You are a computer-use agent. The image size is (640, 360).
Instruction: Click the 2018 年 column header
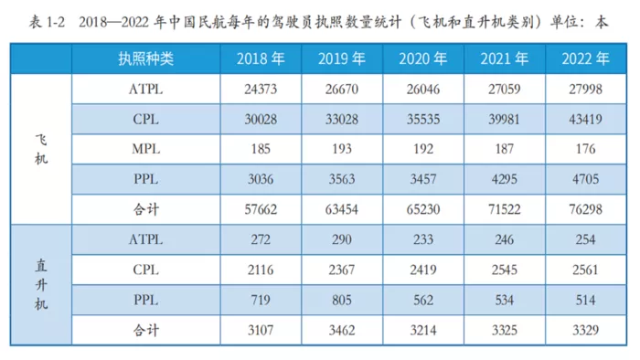tap(261, 59)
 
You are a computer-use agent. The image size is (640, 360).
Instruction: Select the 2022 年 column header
tap(585, 59)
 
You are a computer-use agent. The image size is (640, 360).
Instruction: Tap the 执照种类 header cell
tap(145, 59)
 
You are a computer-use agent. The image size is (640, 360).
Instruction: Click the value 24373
tap(261, 89)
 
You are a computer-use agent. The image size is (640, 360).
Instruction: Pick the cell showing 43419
tap(585, 119)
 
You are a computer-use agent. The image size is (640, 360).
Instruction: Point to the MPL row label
tap(145, 149)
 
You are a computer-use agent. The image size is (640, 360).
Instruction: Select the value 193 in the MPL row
tap(342, 149)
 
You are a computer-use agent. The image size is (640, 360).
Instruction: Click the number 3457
tap(422, 179)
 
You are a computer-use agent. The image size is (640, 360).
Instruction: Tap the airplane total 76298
tap(585, 209)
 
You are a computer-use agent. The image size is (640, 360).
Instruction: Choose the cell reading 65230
tap(422, 209)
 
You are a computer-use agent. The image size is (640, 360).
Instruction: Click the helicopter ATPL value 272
tap(261, 239)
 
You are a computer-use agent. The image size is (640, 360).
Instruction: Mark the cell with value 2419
tap(422, 270)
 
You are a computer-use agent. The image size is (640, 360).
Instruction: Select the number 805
tap(342, 300)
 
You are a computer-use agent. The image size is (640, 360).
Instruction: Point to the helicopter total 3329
tap(585, 330)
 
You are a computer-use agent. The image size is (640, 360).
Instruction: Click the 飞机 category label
tap(41, 149)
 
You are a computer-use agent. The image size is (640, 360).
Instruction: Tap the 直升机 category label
tap(41, 284)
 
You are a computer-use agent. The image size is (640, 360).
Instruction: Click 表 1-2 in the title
tap(47, 22)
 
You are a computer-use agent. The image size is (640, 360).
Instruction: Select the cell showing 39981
tap(504, 119)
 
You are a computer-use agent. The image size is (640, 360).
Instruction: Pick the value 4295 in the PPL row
tap(504, 179)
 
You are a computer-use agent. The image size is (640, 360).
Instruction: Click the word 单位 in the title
tap(564, 22)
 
